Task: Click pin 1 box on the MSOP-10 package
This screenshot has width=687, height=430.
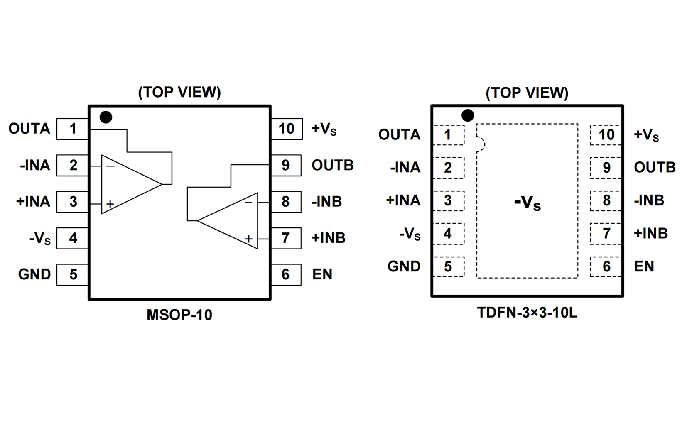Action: coord(73,129)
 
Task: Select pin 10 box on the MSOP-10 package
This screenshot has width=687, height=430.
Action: coord(286,129)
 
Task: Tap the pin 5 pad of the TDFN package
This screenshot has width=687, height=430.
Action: coord(448,266)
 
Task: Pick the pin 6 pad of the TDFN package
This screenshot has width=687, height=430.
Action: coord(606,266)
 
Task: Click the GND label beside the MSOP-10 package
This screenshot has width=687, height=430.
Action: coord(34,274)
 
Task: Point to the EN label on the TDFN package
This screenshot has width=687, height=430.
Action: coord(644,266)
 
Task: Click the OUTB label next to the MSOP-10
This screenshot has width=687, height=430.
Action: coord(332,165)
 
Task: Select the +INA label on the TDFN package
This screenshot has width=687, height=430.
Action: coord(403,200)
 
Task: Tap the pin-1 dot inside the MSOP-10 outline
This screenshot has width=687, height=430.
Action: coord(106,117)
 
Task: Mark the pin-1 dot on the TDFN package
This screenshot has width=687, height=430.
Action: coord(468,115)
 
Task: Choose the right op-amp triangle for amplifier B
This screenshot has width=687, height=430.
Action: coord(231,221)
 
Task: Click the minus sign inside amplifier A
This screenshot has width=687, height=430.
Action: coord(110,166)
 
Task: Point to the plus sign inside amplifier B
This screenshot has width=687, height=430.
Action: coord(248,239)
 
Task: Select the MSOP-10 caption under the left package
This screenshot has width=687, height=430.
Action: coord(179,315)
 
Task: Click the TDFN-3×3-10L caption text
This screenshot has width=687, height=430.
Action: coord(527,313)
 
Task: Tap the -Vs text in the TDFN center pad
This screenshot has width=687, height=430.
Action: coord(527,203)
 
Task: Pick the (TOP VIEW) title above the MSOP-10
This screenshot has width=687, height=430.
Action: coord(179,92)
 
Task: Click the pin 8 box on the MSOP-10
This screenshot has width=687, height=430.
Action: coord(286,202)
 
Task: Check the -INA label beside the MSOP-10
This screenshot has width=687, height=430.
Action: coord(35,165)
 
